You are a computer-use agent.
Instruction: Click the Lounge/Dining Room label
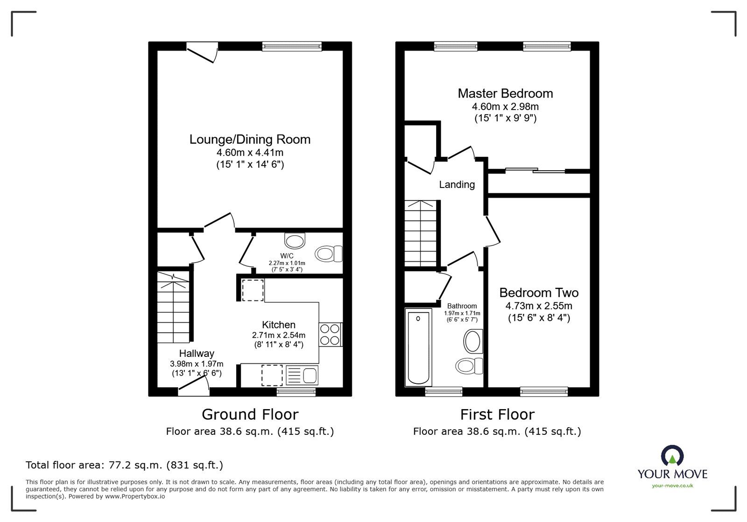250,139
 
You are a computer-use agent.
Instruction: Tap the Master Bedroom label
505,93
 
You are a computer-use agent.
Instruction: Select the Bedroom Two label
539,292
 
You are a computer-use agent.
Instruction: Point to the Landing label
457,184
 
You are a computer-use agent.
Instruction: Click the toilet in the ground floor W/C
329,254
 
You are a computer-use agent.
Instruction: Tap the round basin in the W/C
295,241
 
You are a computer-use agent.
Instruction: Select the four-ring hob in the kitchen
330,334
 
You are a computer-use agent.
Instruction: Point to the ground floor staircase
173,308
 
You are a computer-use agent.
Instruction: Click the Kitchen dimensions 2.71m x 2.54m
278,335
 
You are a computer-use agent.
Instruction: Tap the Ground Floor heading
250,414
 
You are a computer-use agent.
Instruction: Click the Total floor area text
124,465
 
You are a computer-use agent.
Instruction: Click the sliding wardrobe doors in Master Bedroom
535,171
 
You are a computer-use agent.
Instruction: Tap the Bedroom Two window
544,392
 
